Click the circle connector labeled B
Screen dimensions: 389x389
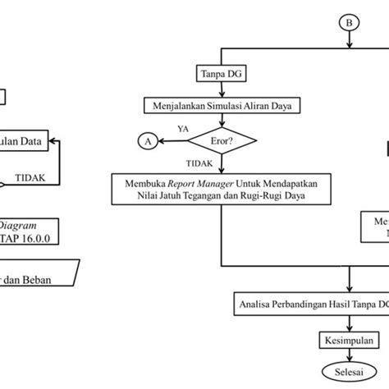350,23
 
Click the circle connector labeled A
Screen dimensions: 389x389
148,142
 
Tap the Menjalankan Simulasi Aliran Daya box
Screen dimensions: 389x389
223,106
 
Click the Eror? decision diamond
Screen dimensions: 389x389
223,141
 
